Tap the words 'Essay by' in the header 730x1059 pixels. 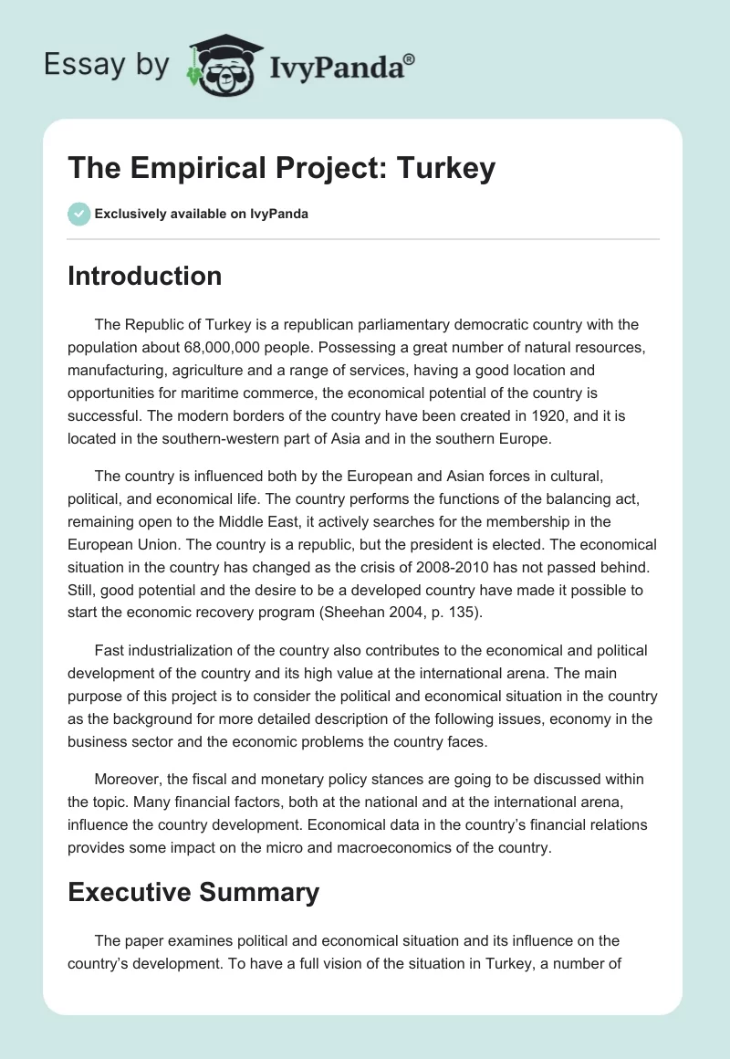click(106, 65)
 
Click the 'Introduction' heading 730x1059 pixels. click(144, 276)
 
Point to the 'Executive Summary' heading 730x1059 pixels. click(193, 892)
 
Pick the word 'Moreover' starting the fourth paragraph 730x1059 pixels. click(128, 779)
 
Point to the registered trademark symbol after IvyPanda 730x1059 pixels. click(410, 58)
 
